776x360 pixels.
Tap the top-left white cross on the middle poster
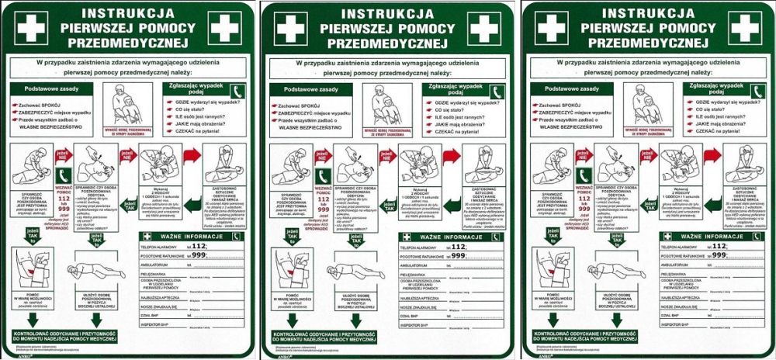coord(291,27)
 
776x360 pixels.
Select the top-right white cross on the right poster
coord(743,27)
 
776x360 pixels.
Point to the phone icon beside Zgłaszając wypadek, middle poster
coord(496,91)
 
